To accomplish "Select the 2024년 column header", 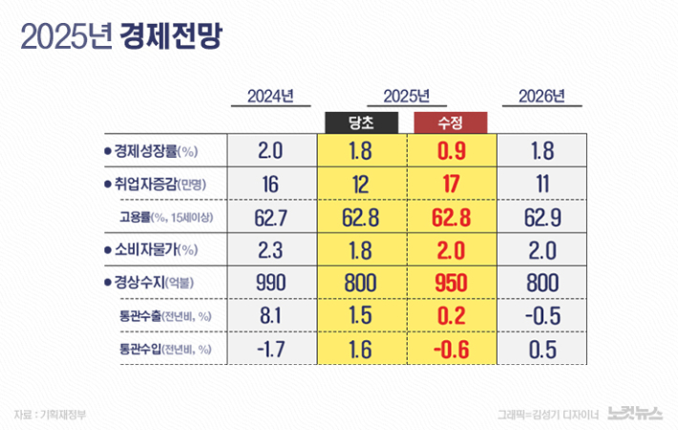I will coord(270,97).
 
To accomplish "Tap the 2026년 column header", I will coord(541,97).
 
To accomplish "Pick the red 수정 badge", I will coord(451,122).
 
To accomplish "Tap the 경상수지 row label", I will coord(154,284).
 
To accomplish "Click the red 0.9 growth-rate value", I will coord(451,151).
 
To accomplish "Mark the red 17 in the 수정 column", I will coord(451,184).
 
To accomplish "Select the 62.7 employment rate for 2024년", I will coord(271,217).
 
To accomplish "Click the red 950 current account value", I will coord(451,284).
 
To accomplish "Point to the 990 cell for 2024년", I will coord(271,284).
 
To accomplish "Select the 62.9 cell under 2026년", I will coord(542,217).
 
